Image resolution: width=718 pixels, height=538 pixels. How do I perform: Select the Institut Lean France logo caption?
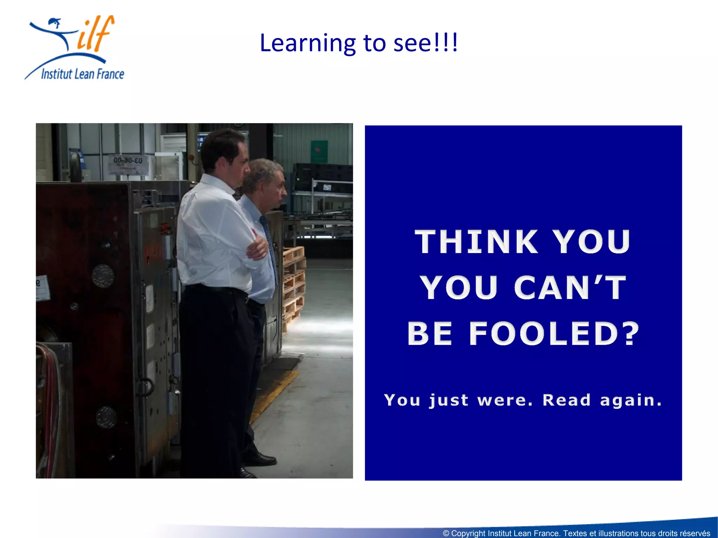(82, 74)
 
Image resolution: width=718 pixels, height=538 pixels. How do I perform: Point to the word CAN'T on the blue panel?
(570, 288)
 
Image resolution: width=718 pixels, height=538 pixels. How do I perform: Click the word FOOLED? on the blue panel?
(554, 333)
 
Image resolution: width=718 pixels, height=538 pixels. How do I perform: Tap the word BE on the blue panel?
(430, 333)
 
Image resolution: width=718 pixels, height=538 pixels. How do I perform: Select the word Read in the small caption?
(567, 400)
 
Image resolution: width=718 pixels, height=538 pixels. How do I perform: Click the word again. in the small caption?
(631, 400)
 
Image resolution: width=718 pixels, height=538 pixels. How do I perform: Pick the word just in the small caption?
(449, 400)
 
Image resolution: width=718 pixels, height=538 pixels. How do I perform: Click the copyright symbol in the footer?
(446, 533)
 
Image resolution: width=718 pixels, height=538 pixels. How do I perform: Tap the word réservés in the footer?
(695, 533)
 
